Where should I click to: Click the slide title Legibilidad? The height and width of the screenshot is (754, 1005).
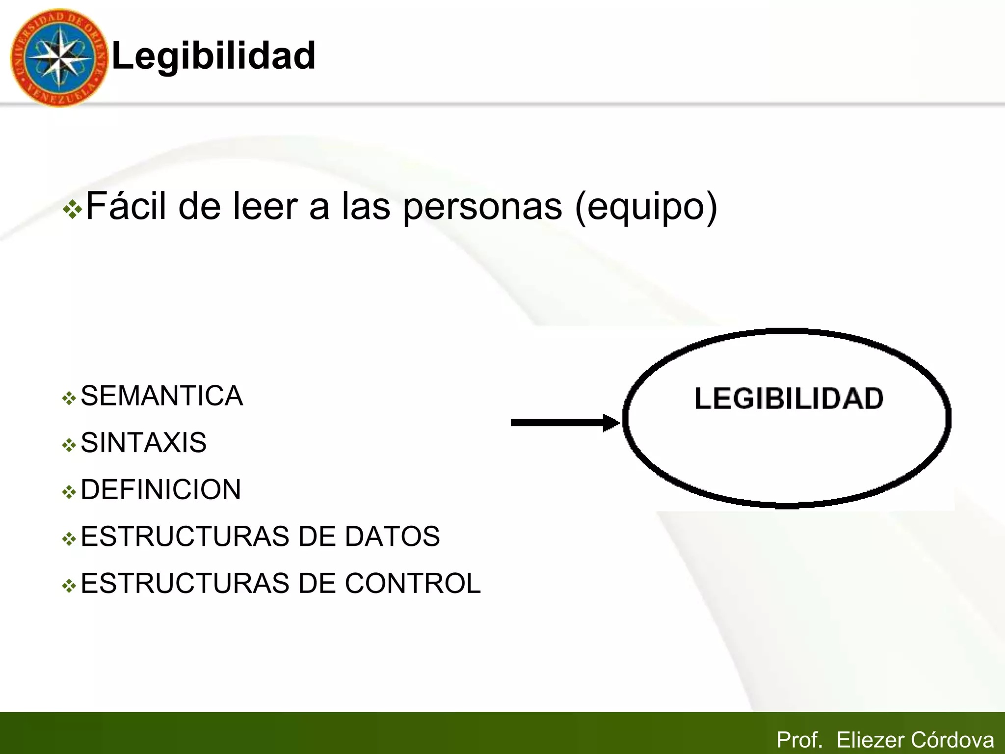pos(213,55)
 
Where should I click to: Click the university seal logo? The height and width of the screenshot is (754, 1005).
pos(59,57)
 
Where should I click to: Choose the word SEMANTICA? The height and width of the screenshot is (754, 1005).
pos(161,396)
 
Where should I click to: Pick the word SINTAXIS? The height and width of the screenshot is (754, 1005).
pos(143,442)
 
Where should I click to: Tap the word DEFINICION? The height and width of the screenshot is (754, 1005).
pos(160,489)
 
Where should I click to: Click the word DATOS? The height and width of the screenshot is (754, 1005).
pos(392,536)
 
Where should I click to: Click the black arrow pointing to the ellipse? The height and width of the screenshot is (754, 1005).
pos(565,423)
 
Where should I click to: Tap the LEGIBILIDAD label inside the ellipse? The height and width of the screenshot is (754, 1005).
pos(789,398)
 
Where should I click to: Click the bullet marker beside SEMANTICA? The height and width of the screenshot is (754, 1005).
pos(69,398)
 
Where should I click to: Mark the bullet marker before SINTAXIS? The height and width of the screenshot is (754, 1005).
pos(69,445)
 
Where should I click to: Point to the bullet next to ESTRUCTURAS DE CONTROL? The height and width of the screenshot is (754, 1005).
pos(69,586)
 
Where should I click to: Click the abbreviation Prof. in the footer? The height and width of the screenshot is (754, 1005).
pos(799,740)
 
